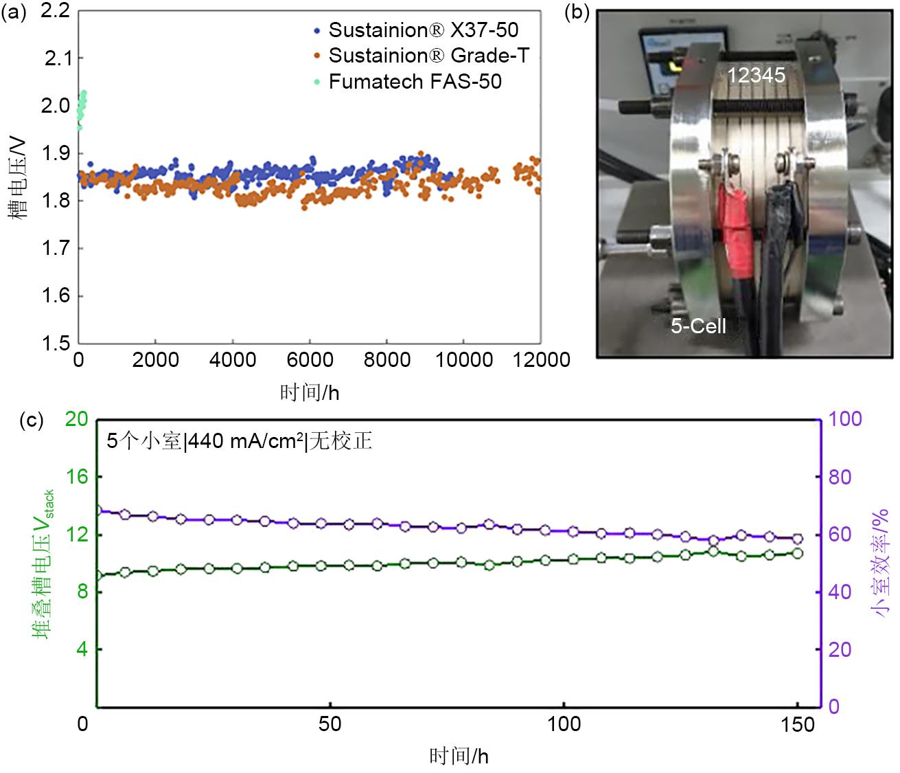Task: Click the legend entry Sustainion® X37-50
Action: point(423,30)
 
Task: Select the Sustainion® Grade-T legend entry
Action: point(428,56)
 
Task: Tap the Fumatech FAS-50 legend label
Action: point(415,82)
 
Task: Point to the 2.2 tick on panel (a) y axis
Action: point(56,12)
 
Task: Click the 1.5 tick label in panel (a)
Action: point(56,344)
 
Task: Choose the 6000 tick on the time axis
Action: point(310,360)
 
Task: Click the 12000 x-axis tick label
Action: point(541,360)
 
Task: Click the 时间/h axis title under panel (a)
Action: point(310,393)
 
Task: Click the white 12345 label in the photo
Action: point(756,75)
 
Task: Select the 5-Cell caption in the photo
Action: point(698,326)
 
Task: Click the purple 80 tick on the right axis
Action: point(840,477)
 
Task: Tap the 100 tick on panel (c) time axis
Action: point(564,724)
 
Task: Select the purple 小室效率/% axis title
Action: point(880,562)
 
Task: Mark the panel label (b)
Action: point(576,13)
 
